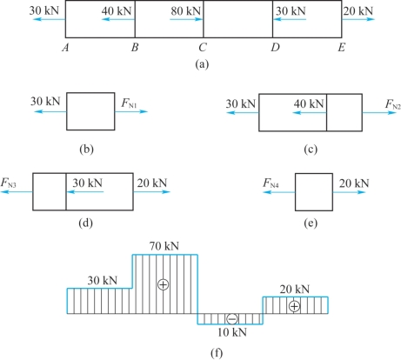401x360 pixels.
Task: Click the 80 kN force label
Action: tap(185, 11)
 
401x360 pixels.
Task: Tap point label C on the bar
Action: tap(203, 47)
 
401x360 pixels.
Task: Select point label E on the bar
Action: tap(342, 47)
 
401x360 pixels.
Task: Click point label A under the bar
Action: tap(65, 47)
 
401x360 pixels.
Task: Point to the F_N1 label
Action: tap(129, 103)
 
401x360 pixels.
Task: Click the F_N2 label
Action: tap(393, 104)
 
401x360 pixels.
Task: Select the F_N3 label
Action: tap(8, 183)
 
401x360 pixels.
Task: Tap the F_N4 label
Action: tap(271, 183)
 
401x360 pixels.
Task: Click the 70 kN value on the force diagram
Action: tap(164, 246)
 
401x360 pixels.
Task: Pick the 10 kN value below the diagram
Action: tap(232, 332)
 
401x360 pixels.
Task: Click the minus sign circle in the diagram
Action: tap(232, 319)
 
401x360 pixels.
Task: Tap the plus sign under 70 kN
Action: tap(163, 284)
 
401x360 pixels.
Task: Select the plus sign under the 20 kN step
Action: tap(294, 306)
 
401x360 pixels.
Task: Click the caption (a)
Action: tap(202, 64)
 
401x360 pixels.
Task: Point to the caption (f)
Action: tap(217, 353)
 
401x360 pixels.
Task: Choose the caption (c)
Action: tap(311, 150)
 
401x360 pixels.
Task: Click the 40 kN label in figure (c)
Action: tap(309, 103)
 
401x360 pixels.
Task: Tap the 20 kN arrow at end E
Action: tap(358, 19)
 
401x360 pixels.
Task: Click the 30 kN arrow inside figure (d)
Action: tap(84, 191)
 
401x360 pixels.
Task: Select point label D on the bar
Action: tap(276, 47)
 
